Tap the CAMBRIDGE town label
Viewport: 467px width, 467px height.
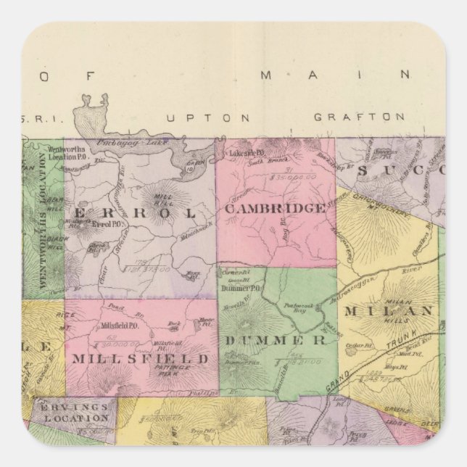[x=274, y=209]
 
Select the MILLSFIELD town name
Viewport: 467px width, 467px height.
[x=140, y=359]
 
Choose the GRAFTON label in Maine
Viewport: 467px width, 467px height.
[x=358, y=116]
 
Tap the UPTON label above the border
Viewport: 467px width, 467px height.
[x=207, y=117]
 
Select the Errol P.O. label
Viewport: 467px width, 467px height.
[x=105, y=225]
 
